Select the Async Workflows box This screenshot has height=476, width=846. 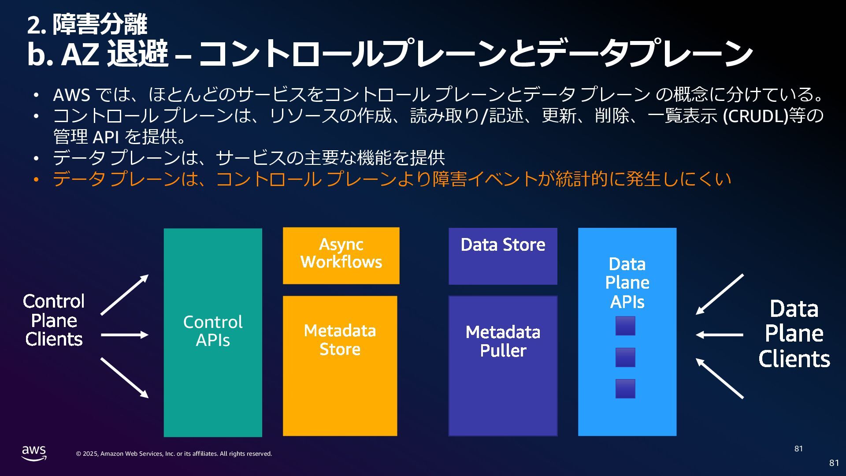click(x=341, y=255)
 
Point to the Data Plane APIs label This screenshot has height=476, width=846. click(x=627, y=283)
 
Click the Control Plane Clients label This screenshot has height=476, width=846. click(x=54, y=320)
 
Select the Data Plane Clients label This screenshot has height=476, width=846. click(x=794, y=334)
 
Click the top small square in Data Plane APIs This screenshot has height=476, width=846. click(x=625, y=326)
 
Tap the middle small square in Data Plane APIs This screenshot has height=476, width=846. click(x=625, y=357)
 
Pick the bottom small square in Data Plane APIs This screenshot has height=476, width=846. click(x=625, y=389)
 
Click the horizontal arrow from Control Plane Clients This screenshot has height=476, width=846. click(x=124, y=335)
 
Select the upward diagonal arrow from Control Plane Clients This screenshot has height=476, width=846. click(x=124, y=295)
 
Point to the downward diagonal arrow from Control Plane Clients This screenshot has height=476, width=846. click(x=124, y=378)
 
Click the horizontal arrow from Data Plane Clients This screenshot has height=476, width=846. click(x=720, y=335)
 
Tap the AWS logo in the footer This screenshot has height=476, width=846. click(x=34, y=453)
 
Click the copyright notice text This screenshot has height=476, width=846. click(x=174, y=454)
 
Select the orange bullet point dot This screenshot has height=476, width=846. click(x=37, y=179)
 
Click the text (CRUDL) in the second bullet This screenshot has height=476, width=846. click(x=755, y=116)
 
